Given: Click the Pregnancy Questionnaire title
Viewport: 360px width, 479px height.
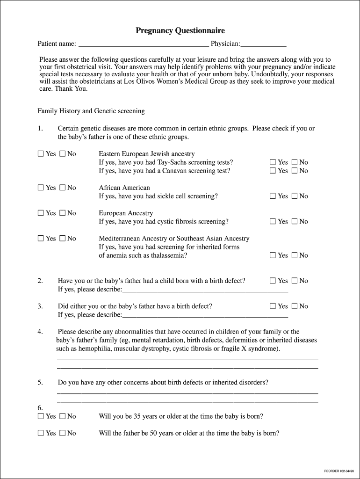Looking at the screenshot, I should [180, 31].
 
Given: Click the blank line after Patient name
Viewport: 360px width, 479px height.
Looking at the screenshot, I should [144, 44].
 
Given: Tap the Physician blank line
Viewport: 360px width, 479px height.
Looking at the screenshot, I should [263, 44].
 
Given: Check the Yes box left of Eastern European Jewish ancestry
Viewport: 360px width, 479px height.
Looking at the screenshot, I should [41, 154].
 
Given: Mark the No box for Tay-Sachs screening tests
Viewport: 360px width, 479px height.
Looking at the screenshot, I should [295, 162].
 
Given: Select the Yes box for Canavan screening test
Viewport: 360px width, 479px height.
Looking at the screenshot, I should [273, 171].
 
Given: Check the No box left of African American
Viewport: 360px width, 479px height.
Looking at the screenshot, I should [62, 188].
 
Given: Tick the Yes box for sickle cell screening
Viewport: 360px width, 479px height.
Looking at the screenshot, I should [273, 196].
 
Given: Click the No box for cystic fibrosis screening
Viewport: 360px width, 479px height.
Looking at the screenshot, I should [295, 221].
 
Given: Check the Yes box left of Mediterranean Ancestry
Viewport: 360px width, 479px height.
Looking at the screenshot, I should [41, 239].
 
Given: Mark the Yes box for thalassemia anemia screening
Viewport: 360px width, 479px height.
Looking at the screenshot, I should [273, 255].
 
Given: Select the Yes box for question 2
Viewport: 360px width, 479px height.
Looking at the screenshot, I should [273, 281].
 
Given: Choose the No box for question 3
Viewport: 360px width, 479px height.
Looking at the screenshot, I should [295, 306].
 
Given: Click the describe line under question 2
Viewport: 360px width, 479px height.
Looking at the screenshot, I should [205, 290].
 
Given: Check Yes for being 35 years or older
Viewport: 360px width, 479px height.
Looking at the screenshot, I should [41, 416].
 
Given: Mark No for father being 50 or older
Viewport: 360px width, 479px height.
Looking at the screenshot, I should [62, 433].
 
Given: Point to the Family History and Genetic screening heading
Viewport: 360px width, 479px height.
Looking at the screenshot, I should [91, 111].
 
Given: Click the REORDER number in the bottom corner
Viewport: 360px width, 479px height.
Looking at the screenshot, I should [339, 471].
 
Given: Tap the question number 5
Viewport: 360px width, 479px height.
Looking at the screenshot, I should [40, 383].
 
